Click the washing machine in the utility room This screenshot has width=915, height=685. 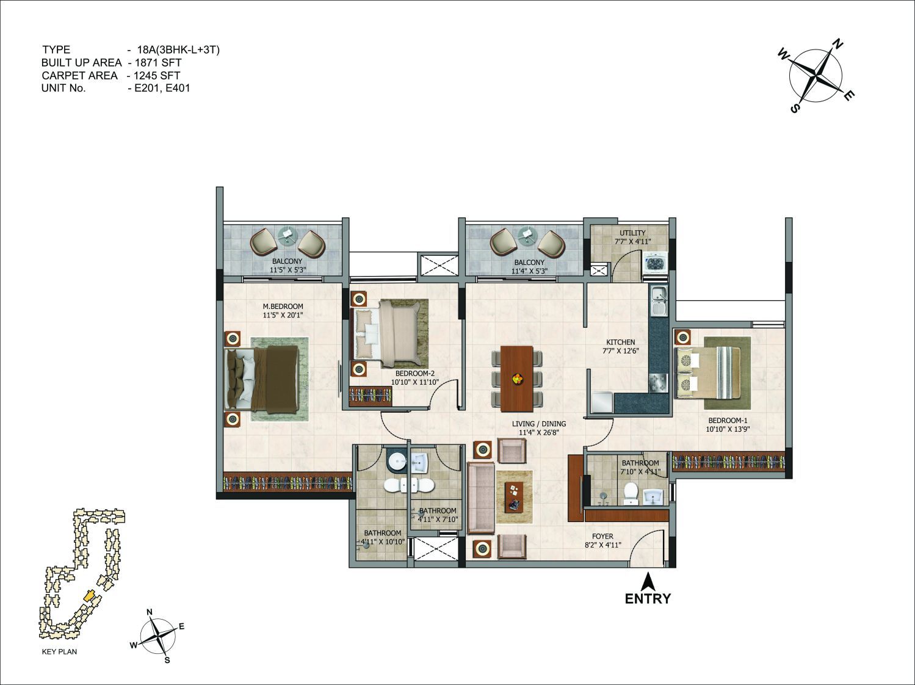(656, 263)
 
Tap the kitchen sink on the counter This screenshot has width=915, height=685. (659, 301)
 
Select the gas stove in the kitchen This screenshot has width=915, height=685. (658, 383)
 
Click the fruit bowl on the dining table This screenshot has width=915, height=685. (517, 379)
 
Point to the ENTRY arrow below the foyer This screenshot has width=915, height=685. (648, 582)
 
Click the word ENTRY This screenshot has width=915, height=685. (648, 599)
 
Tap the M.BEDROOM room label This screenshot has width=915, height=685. (283, 306)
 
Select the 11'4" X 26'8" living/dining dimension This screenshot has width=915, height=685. (538, 433)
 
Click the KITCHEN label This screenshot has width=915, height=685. (621, 342)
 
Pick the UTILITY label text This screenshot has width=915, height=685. (632, 233)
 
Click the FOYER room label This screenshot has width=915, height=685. (602, 536)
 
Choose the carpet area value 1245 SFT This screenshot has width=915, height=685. (157, 76)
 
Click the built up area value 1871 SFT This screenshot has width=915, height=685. (158, 62)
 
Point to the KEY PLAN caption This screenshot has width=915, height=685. (59, 651)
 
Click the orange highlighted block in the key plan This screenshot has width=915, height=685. (89, 595)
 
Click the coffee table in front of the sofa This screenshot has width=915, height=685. (515, 497)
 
